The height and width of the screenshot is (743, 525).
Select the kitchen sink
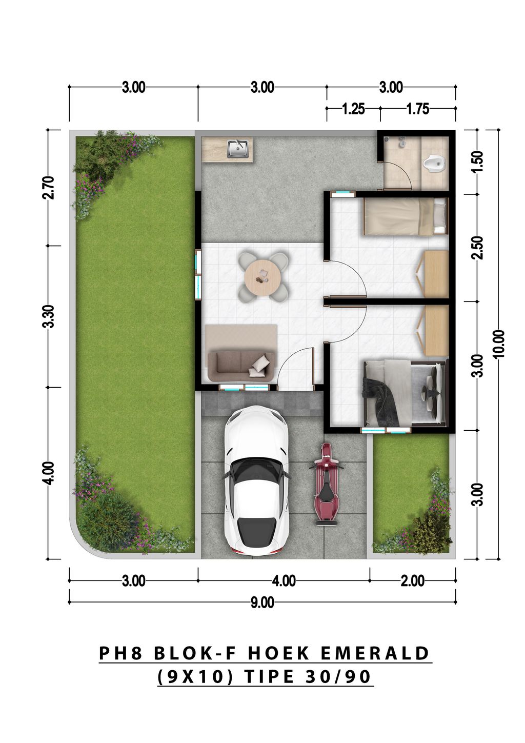click(x=238, y=148)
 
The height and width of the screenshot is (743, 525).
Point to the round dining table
click(x=262, y=277)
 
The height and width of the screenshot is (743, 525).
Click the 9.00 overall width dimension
click(x=262, y=602)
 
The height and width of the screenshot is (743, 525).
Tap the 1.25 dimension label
click(x=353, y=109)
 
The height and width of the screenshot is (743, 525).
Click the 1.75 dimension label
click(x=417, y=109)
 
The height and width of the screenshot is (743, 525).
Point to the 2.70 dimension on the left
click(x=49, y=188)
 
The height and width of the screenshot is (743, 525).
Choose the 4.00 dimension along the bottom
click(x=284, y=581)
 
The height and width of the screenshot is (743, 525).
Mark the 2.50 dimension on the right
click(x=477, y=247)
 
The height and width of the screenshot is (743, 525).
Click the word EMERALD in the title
click(x=375, y=653)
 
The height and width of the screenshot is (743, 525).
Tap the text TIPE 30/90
click(x=307, y=676)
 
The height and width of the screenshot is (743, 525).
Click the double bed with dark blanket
click(x=404, y=393)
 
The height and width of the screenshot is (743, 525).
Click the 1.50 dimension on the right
click(x=477, y=162)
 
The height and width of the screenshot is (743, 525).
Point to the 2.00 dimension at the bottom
click(x=413, y=581)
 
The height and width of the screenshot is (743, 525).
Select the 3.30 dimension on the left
click(x=49, y=316)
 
